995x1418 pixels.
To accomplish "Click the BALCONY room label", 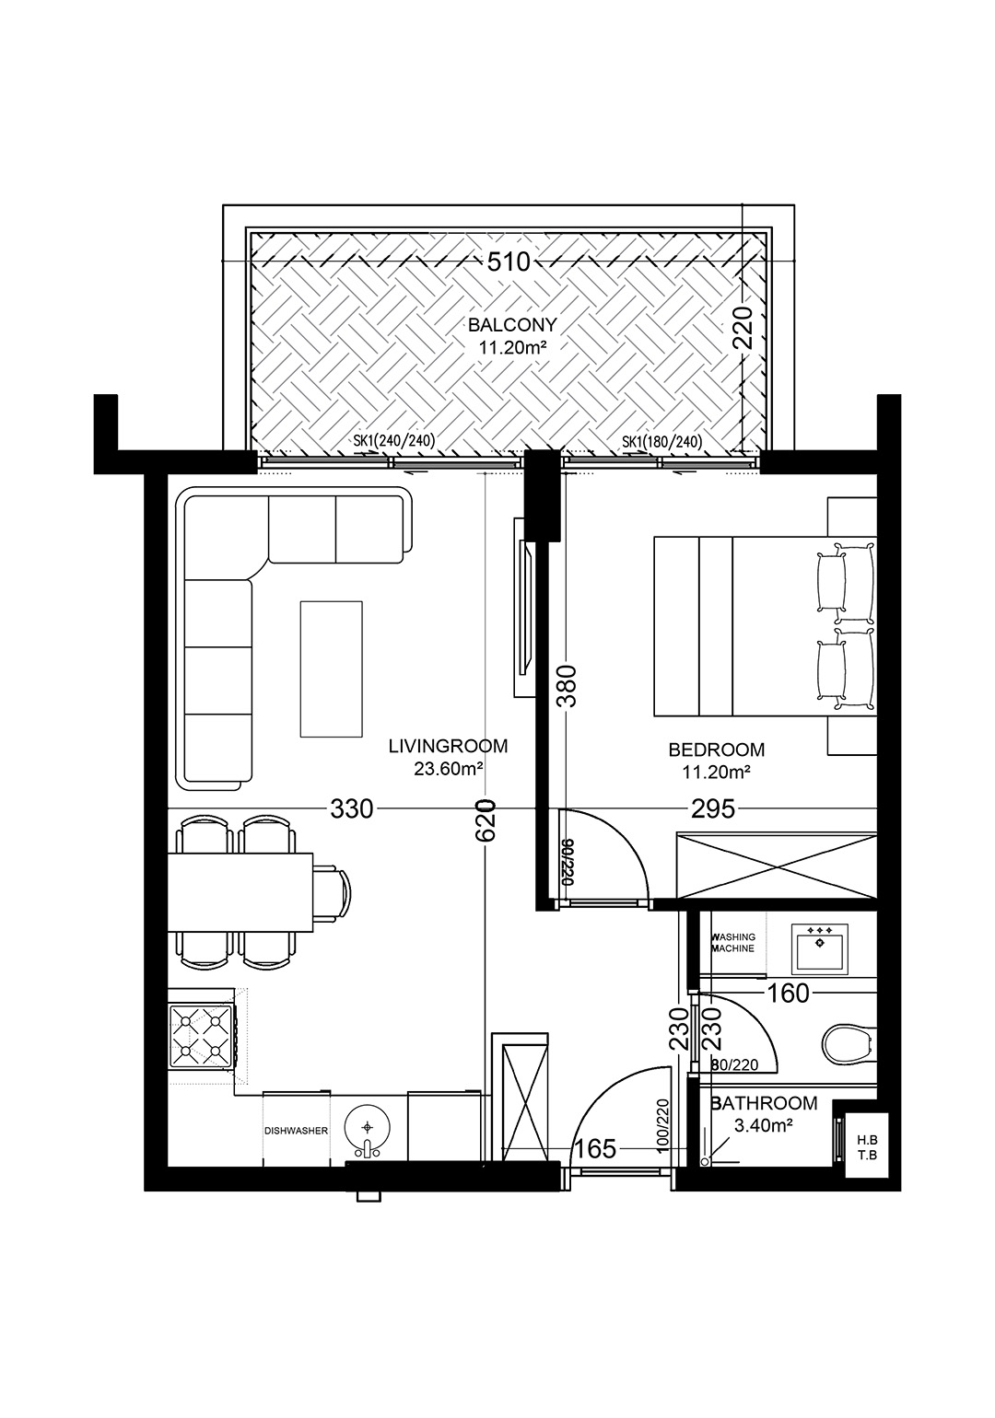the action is click(511, 325).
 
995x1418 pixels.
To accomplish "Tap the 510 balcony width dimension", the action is click(509, 262).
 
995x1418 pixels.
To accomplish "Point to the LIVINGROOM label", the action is click(448, 746).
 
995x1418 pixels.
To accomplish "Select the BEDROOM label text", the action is click(717, 750).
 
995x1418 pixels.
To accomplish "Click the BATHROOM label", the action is click(764, 1103).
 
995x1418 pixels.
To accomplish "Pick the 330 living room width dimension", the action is click(352, 808).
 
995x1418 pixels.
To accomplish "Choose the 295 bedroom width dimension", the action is click(713, 808).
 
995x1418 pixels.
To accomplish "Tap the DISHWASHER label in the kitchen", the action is click(296, 1130).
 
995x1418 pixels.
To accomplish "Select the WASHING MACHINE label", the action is click(733, 943).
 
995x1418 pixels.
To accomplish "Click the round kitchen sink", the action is click(368, 1129).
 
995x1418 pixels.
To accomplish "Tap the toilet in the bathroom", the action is click(850, 1041).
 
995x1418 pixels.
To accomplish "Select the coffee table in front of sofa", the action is click(332, 669).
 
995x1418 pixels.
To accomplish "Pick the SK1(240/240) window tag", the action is click(394, 440).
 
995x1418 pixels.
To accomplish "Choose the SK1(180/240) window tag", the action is click(662, 440).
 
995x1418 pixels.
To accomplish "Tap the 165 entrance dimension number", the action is click(595, 1148).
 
